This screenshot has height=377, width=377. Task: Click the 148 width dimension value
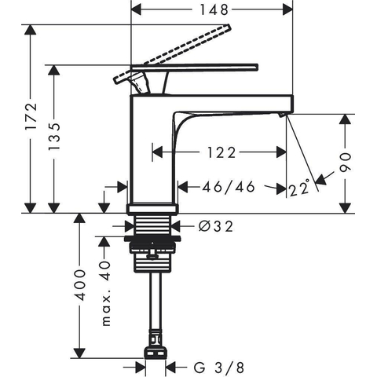(x=214, y=10)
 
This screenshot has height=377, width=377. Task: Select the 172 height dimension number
(x=31, y=117)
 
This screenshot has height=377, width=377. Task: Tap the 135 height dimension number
(x=54, y=137)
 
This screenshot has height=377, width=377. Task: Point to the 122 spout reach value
(x=221, y=152)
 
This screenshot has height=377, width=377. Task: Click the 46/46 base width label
(x=229, y=187)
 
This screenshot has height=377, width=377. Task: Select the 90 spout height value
(x=345, y=163)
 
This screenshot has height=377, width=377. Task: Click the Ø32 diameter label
(x=216, y=226)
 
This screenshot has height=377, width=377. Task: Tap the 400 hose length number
(x=79, y=285)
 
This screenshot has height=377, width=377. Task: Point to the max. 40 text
(x=105, y=293)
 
